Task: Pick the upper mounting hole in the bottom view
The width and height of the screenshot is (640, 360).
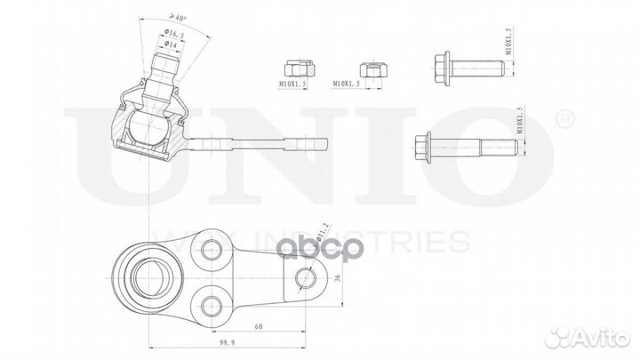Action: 211,250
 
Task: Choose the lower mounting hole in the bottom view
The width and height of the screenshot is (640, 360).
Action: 211,306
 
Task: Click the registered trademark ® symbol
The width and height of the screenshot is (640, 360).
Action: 564,117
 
